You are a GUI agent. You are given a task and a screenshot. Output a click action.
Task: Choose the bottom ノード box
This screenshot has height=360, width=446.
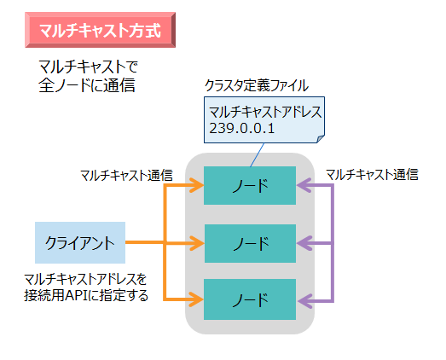tap(250, 300)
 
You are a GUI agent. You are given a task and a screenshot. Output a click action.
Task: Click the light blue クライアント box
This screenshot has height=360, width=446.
tap(80, 242)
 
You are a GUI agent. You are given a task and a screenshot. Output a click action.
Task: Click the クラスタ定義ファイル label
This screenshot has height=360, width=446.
tap(257, 85)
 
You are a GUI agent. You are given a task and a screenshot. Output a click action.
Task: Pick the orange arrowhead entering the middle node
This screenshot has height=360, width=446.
tap(197, 244)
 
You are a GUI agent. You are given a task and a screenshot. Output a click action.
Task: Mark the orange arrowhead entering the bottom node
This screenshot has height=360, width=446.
tap(197, 300)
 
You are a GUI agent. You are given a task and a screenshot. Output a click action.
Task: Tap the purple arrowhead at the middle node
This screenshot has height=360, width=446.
tap(304, 244)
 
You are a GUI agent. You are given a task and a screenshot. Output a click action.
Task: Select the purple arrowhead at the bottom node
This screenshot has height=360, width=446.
tap(304, 300)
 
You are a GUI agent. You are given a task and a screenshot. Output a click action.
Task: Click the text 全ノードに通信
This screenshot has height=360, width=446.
tap(87, 85)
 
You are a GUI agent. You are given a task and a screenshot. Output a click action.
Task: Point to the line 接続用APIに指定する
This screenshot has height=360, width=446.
tap(87, 296)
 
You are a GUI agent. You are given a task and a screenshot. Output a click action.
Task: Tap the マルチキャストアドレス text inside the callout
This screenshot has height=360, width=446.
tap(264, 111)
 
